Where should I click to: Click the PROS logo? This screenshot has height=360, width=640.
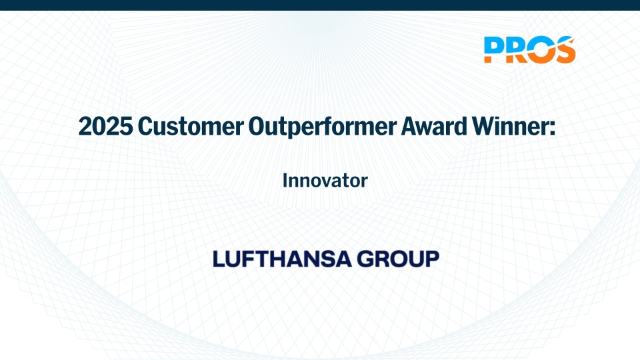pos(530,50)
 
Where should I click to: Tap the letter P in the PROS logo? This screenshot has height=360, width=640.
pos(493,50)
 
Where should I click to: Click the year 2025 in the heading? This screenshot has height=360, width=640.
pos(106,126)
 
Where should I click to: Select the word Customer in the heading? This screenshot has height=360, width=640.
pos(191,126)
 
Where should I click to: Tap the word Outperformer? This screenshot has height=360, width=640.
pos(323,127)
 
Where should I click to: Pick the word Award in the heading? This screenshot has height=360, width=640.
pos(434,126)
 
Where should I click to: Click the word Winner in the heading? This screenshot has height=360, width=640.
pos(509,126)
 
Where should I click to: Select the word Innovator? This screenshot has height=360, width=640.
pos(325,181)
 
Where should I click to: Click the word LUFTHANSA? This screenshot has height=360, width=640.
pos(282,259)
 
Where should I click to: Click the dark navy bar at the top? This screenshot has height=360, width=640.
pos(320,5)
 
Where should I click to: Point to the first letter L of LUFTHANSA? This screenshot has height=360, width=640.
pos(219,259)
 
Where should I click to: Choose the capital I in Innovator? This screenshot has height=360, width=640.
pos(285,181)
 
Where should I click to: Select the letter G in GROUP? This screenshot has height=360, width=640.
pos(366,259)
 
